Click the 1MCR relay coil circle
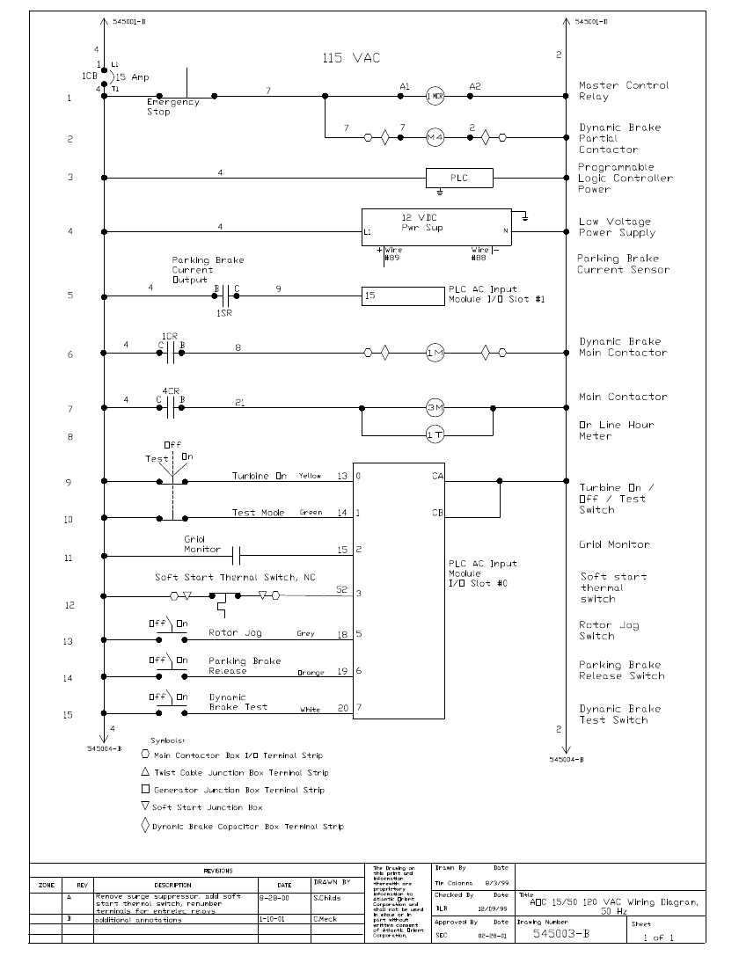(435, 97)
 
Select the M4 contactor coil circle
(435, 138)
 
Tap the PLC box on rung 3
(459, 178)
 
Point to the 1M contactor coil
(435, 354)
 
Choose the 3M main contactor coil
(435, 408)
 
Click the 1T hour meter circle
(435, 434)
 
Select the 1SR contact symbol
(225, 296)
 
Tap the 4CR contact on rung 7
(171, 408)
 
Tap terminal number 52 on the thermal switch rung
(342, 589)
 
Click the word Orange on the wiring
(311, 674)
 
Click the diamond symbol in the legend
(145, 826)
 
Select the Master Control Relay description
(623, 91)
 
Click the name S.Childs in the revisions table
(326, 898)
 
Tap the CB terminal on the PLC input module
(436, 513)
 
